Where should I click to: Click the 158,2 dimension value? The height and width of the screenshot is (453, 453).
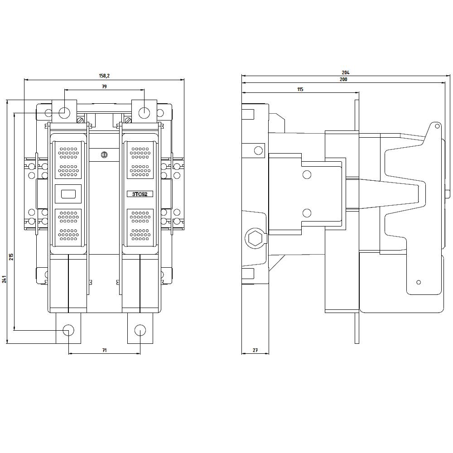click(104, 76)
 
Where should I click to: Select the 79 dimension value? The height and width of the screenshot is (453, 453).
click(104, 86)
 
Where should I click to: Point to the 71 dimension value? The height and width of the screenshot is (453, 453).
click(104, 350)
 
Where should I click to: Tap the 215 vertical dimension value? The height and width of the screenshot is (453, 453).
click(11, 256)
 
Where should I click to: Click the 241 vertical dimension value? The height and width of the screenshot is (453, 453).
click(4, 279)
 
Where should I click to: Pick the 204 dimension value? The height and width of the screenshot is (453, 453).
click(345, 72)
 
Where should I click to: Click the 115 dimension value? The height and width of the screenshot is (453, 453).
click(300, 90)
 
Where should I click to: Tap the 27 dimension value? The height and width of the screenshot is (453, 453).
click(255, 350)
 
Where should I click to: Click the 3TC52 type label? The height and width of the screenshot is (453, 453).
click(140, 194)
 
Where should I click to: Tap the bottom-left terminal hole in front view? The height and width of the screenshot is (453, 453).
click(68, 329)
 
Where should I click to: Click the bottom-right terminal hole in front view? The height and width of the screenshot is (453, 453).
click(140, 329)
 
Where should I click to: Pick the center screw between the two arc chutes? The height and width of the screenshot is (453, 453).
click(104, 155)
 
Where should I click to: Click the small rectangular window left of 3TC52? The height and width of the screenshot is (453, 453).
click(68, 195)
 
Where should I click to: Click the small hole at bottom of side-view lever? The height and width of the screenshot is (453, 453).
click(419, 282)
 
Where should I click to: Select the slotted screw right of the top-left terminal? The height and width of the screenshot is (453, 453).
click(80, 120)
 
